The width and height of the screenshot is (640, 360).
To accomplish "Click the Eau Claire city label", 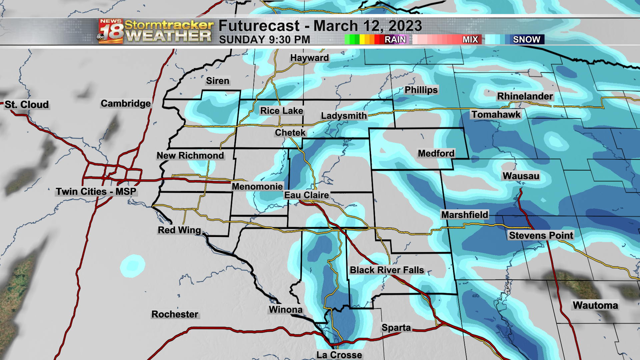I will tap(306, 195).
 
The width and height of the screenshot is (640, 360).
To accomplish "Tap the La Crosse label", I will tap(339, 355).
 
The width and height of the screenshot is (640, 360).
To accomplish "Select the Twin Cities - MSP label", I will tap(96, 192).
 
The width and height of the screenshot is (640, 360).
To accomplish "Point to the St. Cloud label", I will tap(27, 105).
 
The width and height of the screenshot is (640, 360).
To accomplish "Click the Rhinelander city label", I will tap(525, 96).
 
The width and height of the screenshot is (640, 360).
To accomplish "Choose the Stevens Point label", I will tap(541, 235).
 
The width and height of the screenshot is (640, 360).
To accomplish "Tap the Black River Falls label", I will tap(387, 270).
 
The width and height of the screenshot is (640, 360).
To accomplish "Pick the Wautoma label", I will tap(595, 305).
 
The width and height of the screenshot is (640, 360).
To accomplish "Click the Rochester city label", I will tap(175, 314).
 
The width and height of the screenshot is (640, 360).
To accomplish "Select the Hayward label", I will tap(309, 58).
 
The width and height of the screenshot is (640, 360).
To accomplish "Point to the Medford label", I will tap(436, 153).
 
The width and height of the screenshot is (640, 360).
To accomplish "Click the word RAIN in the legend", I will tap(395, 40).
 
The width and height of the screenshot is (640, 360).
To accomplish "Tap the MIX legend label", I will tap(470, 40).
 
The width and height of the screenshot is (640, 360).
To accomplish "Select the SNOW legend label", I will tap(526, 40).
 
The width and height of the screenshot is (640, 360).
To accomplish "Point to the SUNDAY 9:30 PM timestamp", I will tap(264, 40).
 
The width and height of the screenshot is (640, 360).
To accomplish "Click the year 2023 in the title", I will tap(405, 26).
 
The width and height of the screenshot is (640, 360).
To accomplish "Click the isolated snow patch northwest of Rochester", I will tap(133, 266).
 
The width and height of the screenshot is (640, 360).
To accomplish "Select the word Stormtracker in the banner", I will tap(169, 25).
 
